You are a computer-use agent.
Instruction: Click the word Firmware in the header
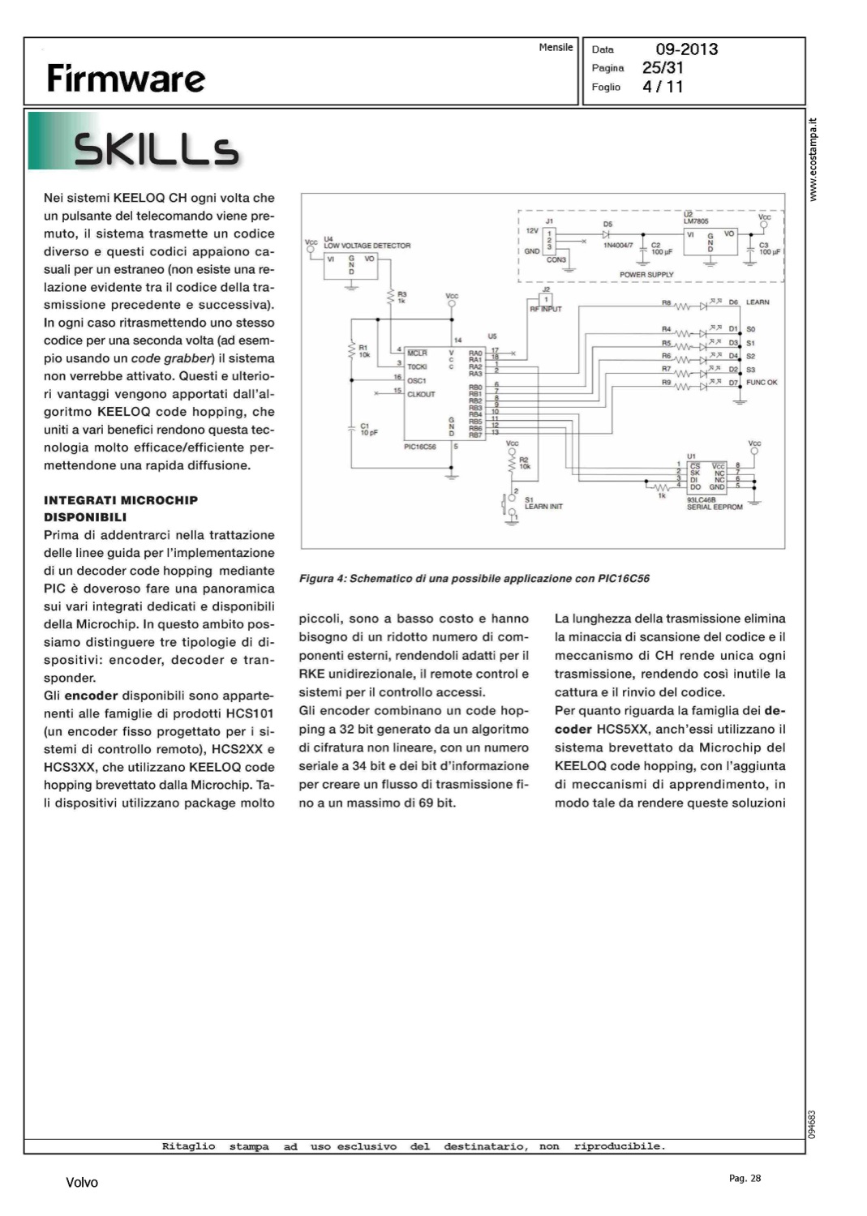coord(126,79)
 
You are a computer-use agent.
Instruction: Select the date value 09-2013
coord(686,49)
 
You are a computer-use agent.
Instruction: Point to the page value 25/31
coord(663,68)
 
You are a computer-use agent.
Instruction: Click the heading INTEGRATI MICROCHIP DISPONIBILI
coord(121,508)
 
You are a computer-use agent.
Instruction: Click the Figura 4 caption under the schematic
coord(474,579)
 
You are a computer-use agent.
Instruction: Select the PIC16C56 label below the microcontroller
coord(420,447)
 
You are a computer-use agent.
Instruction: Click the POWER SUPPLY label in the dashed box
coord(646,275)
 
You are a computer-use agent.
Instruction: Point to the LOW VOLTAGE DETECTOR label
coord(367,246)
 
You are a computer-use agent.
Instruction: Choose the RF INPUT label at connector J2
coord(546,309)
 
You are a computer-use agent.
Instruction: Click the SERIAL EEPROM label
coord(715,507)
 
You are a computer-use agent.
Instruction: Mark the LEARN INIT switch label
coord(543,507)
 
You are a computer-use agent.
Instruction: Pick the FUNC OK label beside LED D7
coord(762,383)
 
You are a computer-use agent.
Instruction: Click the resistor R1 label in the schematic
coord(364,350)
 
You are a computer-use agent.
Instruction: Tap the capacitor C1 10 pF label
coord(368,429)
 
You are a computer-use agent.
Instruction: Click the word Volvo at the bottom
coord(82,1183)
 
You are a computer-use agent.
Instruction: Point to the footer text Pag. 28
coord(745,1179)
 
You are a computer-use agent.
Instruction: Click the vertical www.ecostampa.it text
coord(813,160)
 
